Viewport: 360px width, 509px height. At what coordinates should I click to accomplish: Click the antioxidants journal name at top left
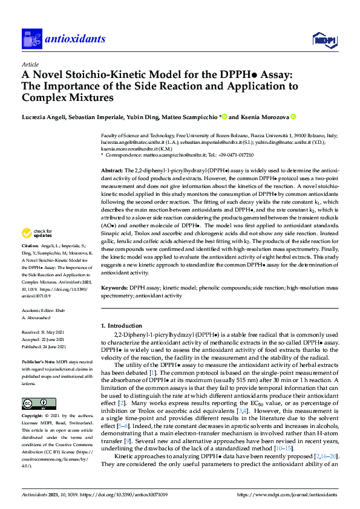click(x=75, y=40)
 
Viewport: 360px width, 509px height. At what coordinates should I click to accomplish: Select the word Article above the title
click(x=30, y=64)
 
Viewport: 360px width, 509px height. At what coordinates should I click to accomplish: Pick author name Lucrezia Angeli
click(x=46, y=117)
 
